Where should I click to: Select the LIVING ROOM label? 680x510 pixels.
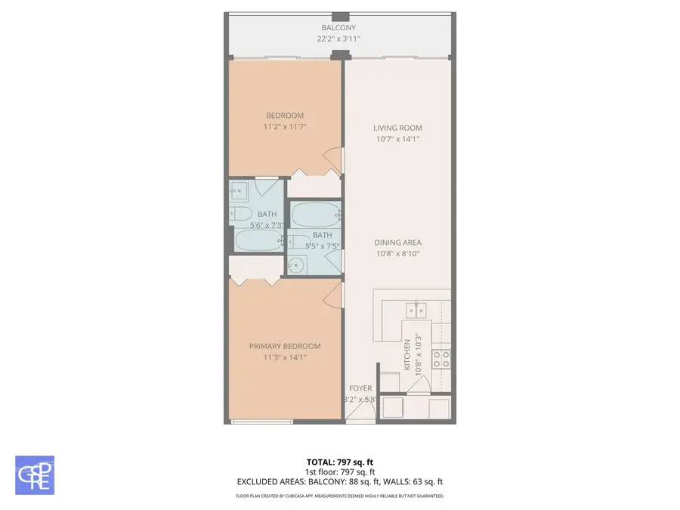(397, 128)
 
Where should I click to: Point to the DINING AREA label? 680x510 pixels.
(397, 243)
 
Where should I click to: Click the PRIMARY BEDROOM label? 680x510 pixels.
(285, 347)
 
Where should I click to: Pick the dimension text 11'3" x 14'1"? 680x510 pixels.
(285, 357)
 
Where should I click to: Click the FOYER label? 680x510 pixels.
(360, 388)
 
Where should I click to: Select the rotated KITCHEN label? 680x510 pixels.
(406, 353)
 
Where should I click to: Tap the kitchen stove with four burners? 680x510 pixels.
(440, 358)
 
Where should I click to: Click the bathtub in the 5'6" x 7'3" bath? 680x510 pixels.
(257, 241)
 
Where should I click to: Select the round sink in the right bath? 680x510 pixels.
(296, 265)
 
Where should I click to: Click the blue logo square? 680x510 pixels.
(35, 475)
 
